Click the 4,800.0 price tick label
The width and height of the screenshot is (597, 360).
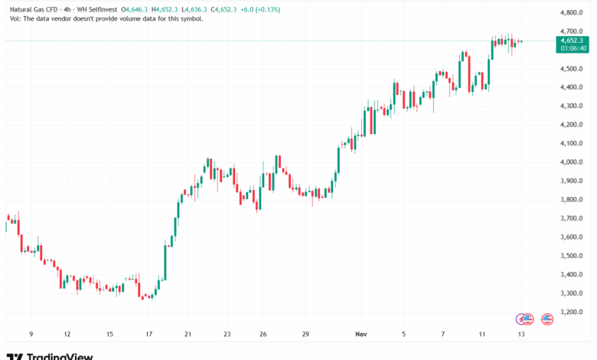[x=573, y=13]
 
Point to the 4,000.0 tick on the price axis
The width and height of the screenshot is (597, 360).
[x=573, y=162]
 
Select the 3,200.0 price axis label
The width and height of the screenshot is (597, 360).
[x=573, y=313]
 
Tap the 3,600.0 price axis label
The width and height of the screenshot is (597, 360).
[x=573, y=237]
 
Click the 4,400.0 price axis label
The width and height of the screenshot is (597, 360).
[x=573, y=87]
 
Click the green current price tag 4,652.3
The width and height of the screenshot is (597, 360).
[x=573, y=40]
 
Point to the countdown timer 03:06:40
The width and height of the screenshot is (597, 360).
[x=573, y=47]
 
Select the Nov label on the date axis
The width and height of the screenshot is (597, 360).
[x=364, y=335]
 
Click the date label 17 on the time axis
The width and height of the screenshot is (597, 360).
[x=149, y=335]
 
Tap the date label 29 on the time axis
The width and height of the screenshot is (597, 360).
[x=305, y=335]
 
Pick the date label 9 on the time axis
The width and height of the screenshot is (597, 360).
[x=31, y=335]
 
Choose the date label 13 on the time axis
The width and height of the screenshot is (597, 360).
[x=521, y=335]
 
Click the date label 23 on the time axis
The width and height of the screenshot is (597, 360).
[x=227, y=335]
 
